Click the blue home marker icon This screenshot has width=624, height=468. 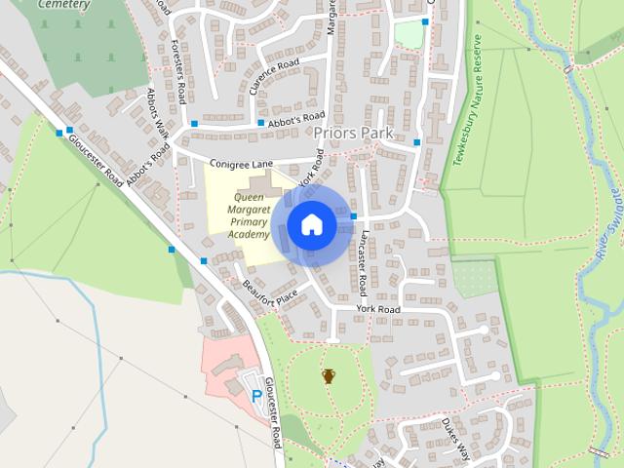click(x=312, y=225)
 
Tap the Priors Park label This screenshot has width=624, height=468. click(x=353, y=132)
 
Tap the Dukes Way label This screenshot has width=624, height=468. click(x=454, y=440)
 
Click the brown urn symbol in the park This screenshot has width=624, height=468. click(x=329, y=375)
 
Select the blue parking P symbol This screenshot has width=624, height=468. click(x=257, y=396)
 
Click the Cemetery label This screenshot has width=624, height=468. click(x=64, y=4)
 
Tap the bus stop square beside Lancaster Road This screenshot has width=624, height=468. click(x=354, y=216)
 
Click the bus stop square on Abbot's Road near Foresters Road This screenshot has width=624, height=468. click(x=195, y=124)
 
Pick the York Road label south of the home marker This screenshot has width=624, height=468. click(x=378, y=309)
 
